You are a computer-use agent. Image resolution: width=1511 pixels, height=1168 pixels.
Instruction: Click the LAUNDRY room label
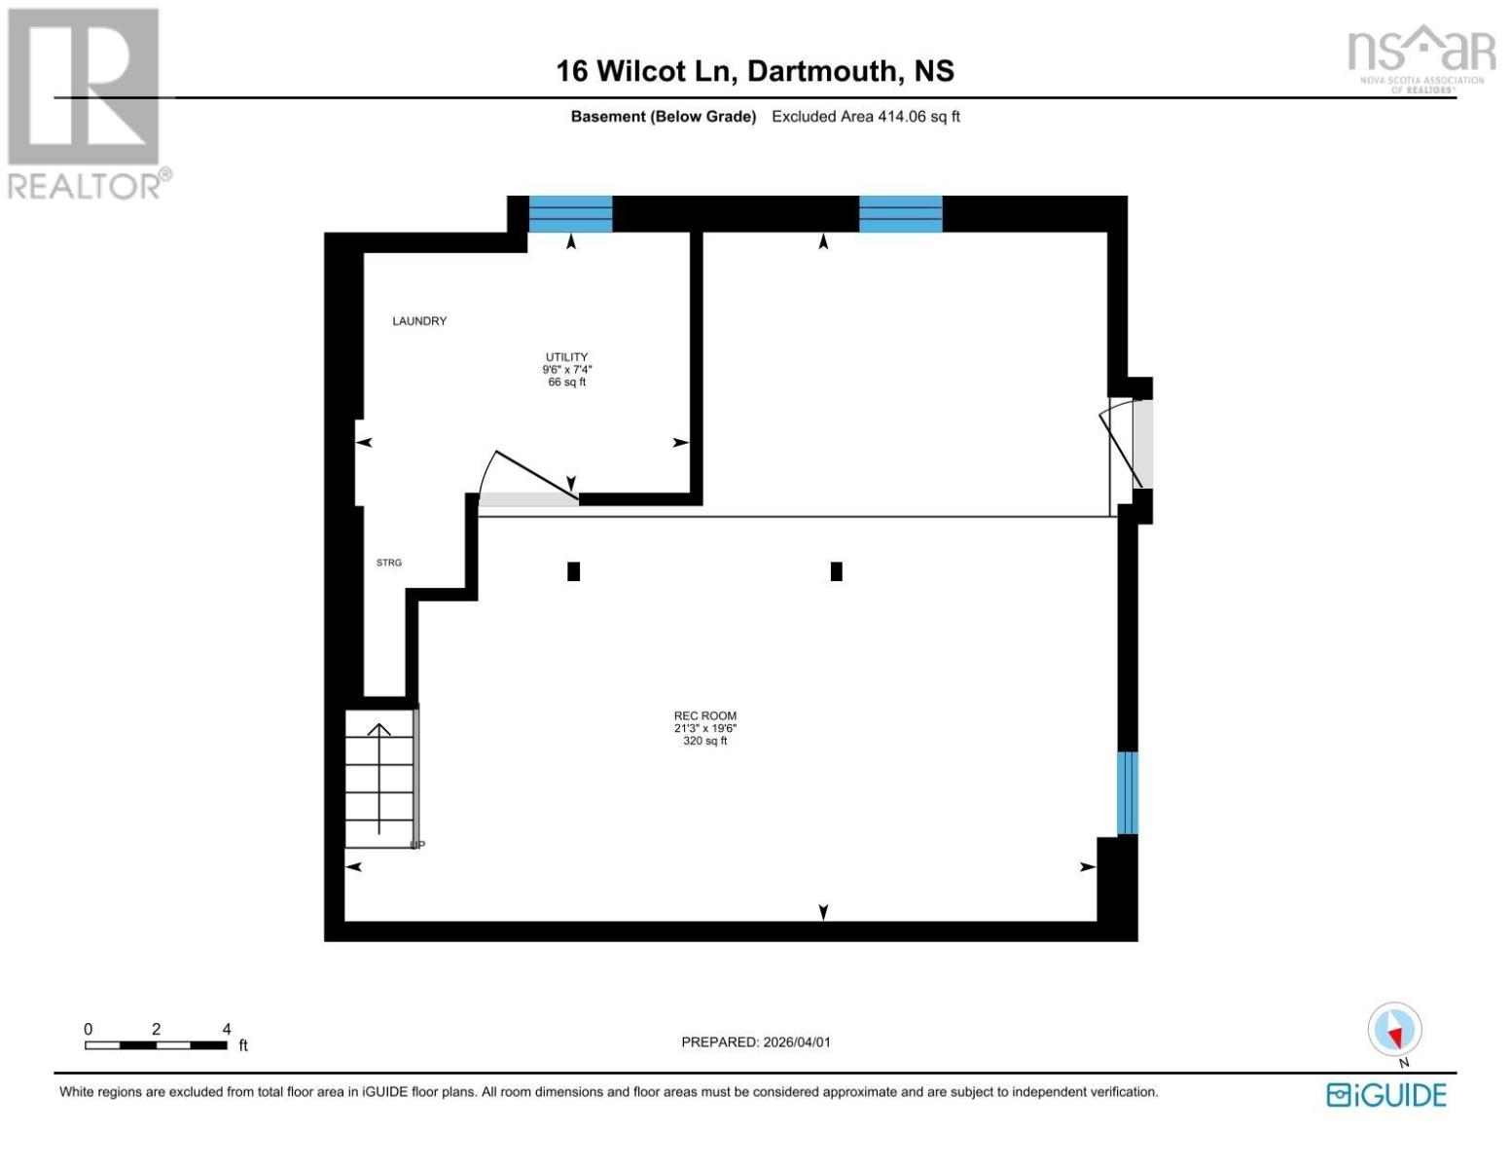coord(419,321)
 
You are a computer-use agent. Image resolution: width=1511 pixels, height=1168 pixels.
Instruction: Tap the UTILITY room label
coord(566,357)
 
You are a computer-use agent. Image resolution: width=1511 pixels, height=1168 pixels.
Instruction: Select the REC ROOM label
coord(704,715)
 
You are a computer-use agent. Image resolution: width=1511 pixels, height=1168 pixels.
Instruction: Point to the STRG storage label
coord(389,563)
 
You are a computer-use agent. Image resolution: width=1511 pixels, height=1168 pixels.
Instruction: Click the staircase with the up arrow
coord(379,779)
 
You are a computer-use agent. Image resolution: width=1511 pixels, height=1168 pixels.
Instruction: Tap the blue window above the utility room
coord(570,214)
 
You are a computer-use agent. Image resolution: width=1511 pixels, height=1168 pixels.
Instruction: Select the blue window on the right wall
coord(1127,792)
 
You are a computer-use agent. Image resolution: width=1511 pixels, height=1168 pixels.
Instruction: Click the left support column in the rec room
coord(573,571)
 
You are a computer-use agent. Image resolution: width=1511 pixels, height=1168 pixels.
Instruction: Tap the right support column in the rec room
coord(836,571)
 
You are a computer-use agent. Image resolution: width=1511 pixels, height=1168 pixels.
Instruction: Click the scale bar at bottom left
coord(156,1044)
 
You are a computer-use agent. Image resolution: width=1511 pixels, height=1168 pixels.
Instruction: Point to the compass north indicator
coord(1394,1030)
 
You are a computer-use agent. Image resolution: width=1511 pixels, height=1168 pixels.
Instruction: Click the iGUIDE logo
coord(1386,1095)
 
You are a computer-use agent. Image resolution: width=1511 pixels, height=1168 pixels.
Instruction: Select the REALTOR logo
coord(86,102)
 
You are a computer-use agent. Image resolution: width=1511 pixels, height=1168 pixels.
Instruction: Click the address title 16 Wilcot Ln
coord(754,71)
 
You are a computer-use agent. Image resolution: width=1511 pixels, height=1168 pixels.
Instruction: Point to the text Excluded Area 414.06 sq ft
coord(865,117)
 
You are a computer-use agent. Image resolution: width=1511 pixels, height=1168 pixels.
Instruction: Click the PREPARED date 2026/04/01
coord(756,1041)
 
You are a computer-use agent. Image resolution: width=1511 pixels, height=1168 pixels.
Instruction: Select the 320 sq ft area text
coord(704,742)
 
